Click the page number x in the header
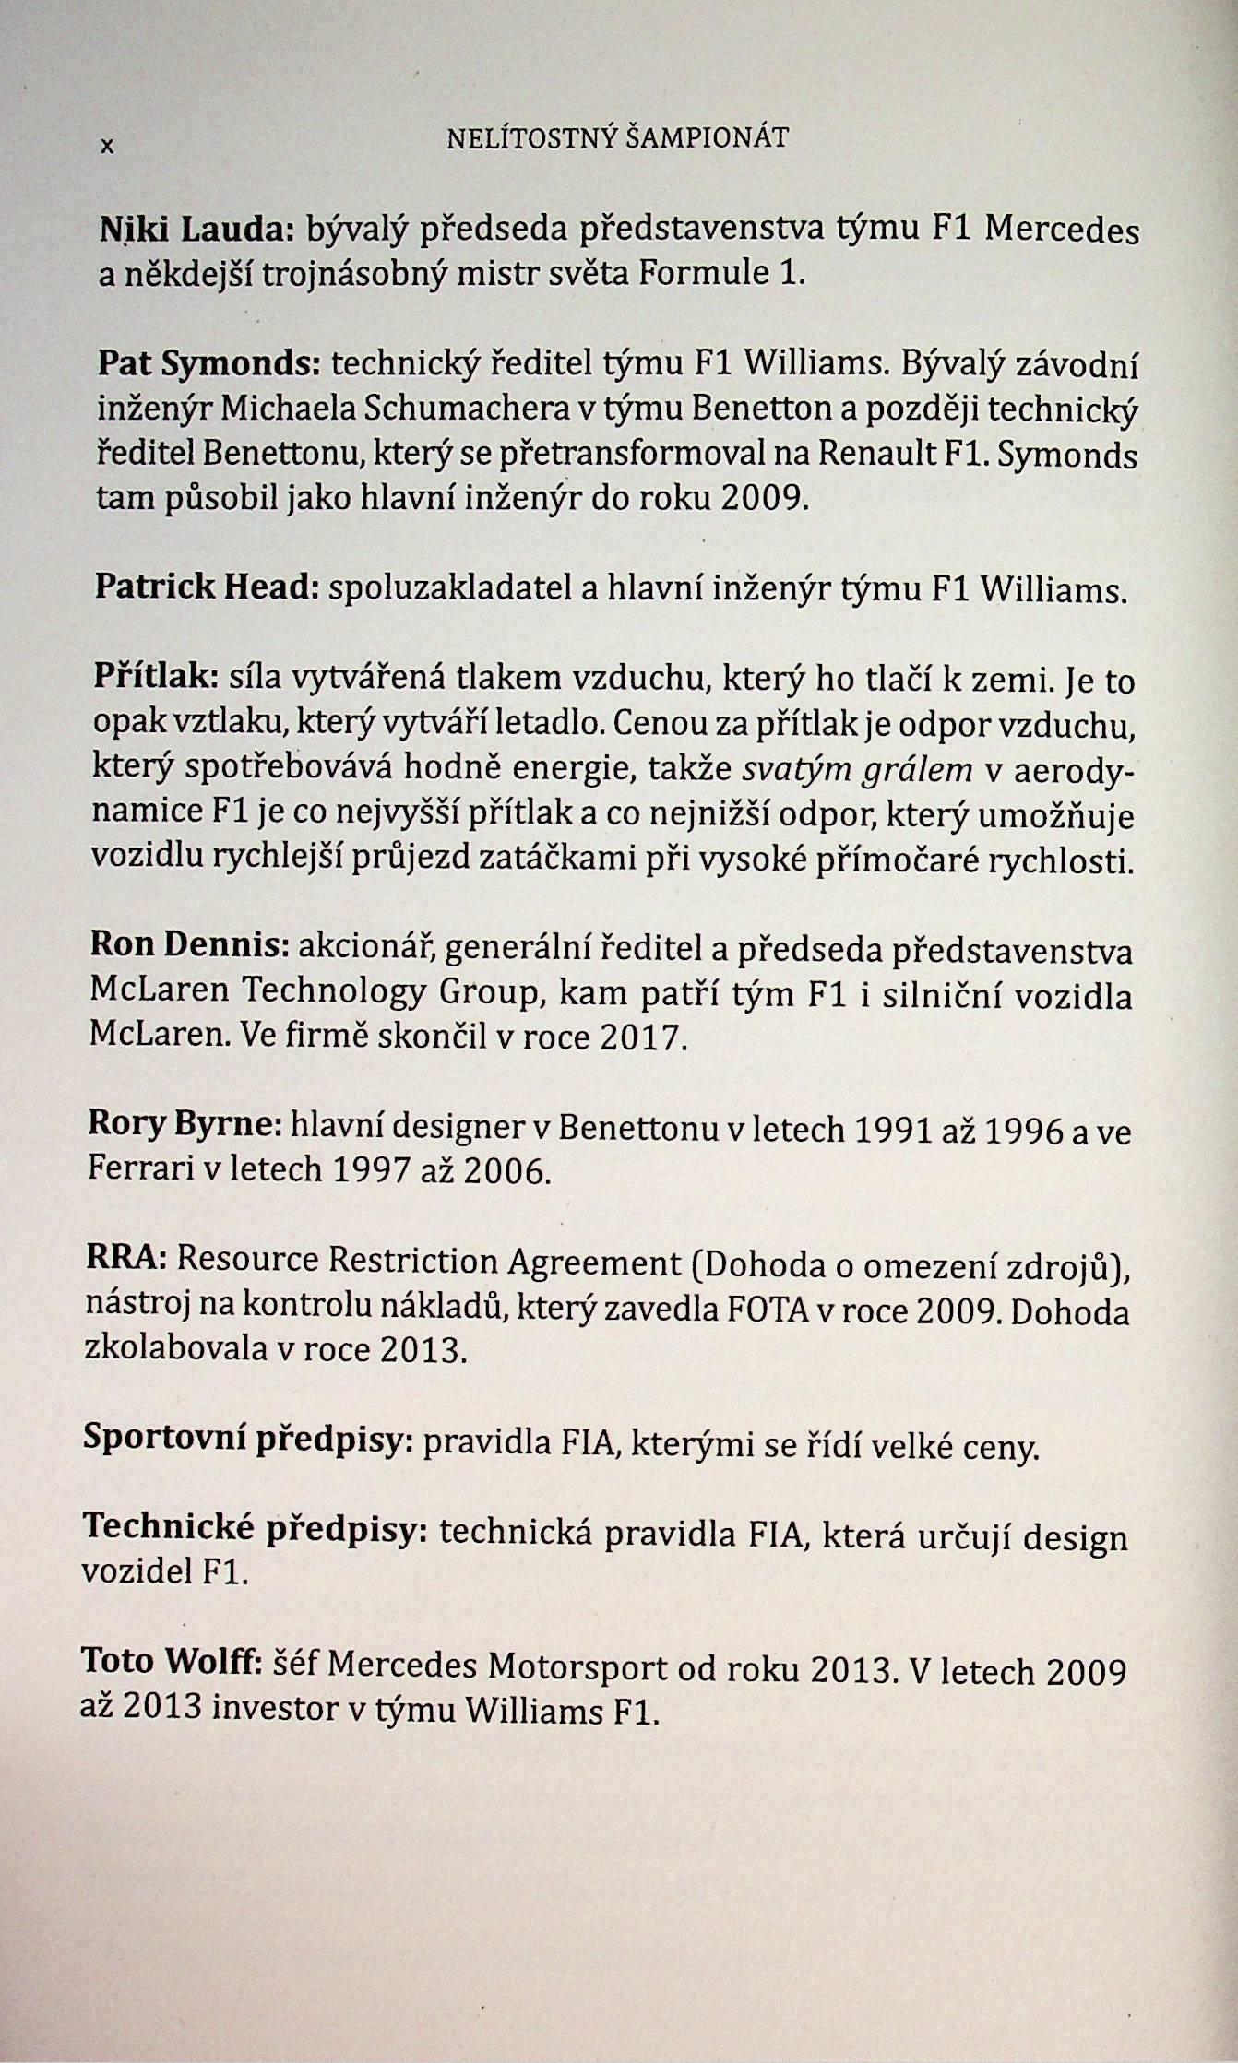point(108,145)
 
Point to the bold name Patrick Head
point(207,587)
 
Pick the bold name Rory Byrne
point(185,1123)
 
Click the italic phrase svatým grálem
point(859,769)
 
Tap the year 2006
point(506,1170)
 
